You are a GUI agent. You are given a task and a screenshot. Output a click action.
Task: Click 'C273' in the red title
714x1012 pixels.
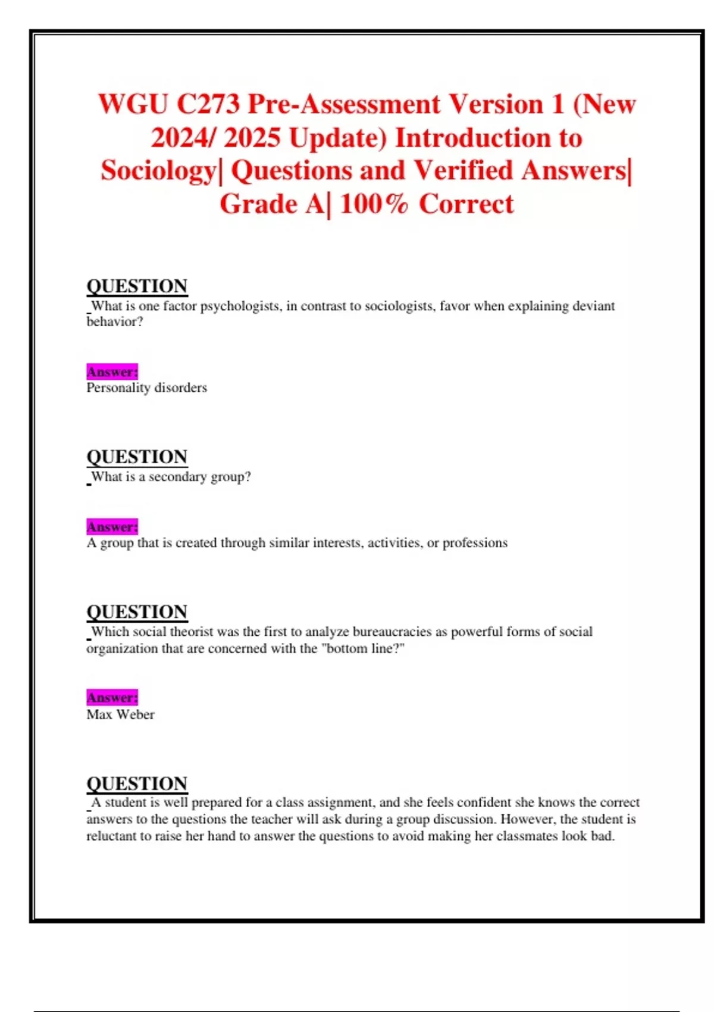click(208, 105)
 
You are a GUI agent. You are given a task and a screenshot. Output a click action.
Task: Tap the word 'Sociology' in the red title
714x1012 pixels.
click(158, 171)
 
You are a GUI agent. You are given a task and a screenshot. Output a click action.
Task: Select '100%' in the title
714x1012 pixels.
click(374, 204)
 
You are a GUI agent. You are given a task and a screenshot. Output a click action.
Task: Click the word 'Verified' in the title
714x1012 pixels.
click(464, 171)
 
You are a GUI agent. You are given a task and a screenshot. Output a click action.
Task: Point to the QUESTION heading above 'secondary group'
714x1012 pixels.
click(137, 457)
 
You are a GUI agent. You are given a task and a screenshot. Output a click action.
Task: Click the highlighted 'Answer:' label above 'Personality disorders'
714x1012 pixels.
click(112, 372)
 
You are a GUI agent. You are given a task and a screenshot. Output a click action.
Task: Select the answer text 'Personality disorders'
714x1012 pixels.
click(146, 388)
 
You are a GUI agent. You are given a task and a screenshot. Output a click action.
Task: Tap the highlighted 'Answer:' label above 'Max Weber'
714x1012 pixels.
click(112, 697)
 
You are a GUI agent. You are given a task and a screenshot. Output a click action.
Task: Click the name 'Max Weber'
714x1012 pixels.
click(120, 714)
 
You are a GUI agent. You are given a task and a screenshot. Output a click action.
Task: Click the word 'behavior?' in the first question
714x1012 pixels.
click(115, 321)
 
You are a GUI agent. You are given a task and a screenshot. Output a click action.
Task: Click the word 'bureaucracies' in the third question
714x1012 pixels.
click(392, 632)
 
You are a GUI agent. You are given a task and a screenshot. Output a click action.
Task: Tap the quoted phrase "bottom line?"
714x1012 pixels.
click(362, 648)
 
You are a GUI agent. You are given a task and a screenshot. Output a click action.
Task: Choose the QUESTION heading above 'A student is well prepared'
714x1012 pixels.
click(137, 783)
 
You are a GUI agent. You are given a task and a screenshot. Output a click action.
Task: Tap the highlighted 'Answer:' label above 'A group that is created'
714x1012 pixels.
click(112, 527)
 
